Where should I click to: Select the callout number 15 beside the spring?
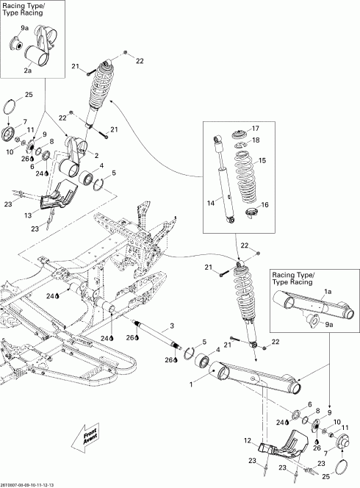point(262,160)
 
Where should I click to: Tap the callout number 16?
point(265,205)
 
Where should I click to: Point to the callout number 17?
point(256,128)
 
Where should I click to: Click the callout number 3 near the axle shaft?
point(173,326)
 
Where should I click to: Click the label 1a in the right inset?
point(328,292)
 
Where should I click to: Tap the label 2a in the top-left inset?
point(27,71)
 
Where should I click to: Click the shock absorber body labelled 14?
point(223,176)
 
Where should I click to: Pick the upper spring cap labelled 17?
point(237,134)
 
